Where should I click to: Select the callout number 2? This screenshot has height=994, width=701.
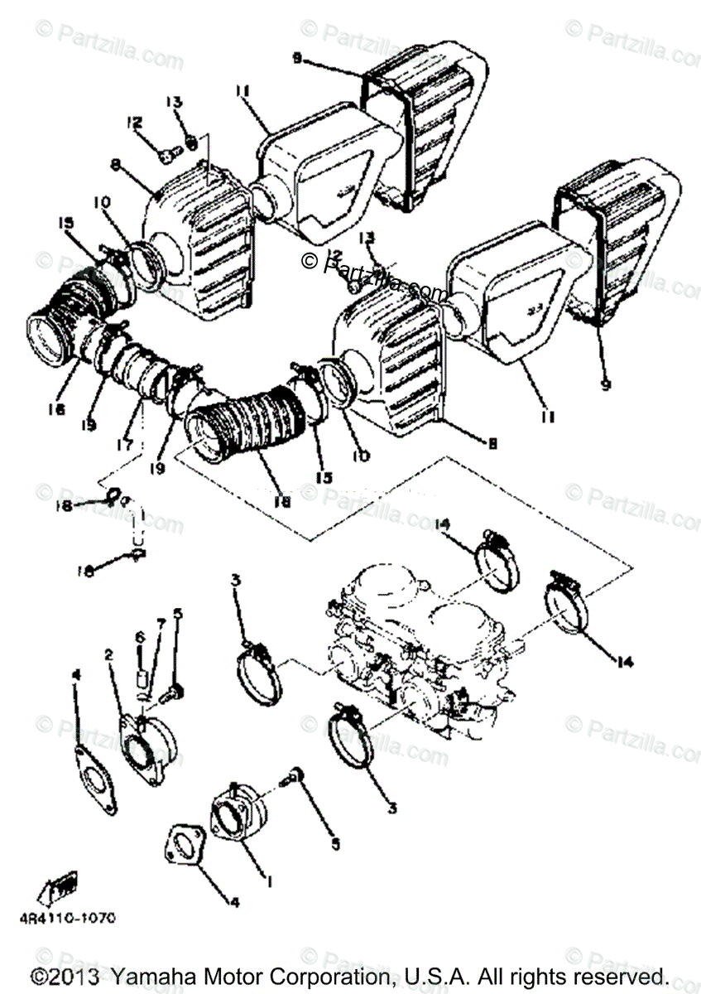[108, 654]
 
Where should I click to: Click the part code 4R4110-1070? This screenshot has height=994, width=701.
[74, 918]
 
